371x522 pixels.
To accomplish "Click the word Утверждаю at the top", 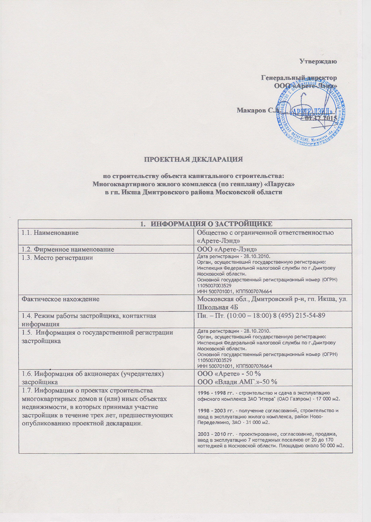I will [x=318, y=61].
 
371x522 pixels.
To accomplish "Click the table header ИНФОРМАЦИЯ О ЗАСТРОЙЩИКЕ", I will [x=211, y=224].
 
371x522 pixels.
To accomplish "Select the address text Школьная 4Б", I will [x=217, y=307].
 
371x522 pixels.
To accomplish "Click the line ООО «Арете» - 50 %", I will [x=229, y=374].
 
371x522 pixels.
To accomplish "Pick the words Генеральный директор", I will [x=299, y=78].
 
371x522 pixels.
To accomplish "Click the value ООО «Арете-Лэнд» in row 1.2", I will [x=227, y=249].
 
